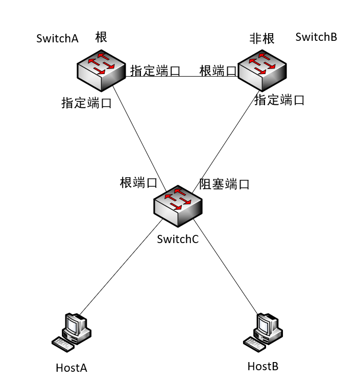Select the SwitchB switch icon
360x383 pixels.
click(x=262, y=69)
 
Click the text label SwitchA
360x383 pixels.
click(x=57, y=39)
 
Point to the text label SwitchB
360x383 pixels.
click(x=316, y=37)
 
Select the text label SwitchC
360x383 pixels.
click(x=178, y=239)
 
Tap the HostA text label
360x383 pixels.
click(x=71, y=368)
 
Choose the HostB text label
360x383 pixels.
click(x=263, y=366)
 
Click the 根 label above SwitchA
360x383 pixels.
click(x=102, y=37)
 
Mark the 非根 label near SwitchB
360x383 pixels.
click(x=261, y=39)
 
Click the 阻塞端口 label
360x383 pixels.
click(x=224, y=184)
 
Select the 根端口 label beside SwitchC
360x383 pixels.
click(x=138, y=183)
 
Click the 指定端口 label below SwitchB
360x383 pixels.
click(x=279, y=100)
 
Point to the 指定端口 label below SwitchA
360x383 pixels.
click(x=86, y=103)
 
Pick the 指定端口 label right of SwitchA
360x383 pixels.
click(x=155, y=71)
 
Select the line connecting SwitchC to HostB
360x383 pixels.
click(x=225, y=265)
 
